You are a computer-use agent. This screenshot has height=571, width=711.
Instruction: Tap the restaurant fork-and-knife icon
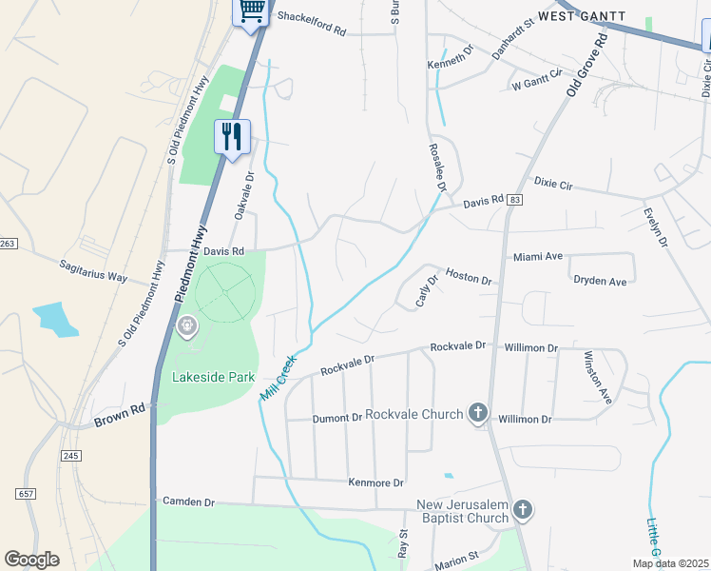pyautogui.click(x=231, y=137)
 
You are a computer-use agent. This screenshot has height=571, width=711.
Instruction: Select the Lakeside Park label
pyautogui.click(x=213, y=377)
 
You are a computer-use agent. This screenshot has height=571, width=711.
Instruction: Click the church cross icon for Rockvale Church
pyautogui.click(x=478, y=414)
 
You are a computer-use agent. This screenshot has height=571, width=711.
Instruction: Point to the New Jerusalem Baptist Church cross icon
pyautogui.click(x=522, y=511)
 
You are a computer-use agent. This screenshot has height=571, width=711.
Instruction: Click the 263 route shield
pyautogui.click(x=8, y=245)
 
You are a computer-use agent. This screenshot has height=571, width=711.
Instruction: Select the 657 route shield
pyautogui.click(x=26, y=493)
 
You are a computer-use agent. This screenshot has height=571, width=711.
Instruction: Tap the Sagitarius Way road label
pyautogui.click(x=92, y=269)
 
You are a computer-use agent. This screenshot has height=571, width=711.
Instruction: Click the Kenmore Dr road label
pyautogui.click(x=376, y=483)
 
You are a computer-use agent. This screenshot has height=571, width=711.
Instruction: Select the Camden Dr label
pyautogui.click(x=190, y=502)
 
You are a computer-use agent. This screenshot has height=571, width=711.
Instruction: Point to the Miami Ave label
pyautogui.click(x=538, y=257)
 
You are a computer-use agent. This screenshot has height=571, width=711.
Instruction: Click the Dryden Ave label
pyautogui.click(x=600, y=282)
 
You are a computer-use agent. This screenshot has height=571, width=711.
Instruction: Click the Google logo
pyautogui.click(x=31, y=560)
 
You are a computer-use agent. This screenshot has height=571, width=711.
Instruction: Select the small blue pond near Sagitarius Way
pyautogui.click(x=55, y=319)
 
